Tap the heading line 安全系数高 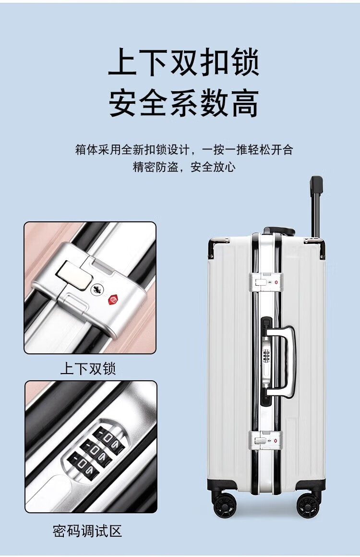183,104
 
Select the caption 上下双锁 88,368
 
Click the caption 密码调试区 87,531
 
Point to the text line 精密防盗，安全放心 184,167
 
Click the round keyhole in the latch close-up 97,289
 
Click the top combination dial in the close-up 106,436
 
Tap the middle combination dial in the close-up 94,451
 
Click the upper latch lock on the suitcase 266,283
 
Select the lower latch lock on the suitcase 266,440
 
